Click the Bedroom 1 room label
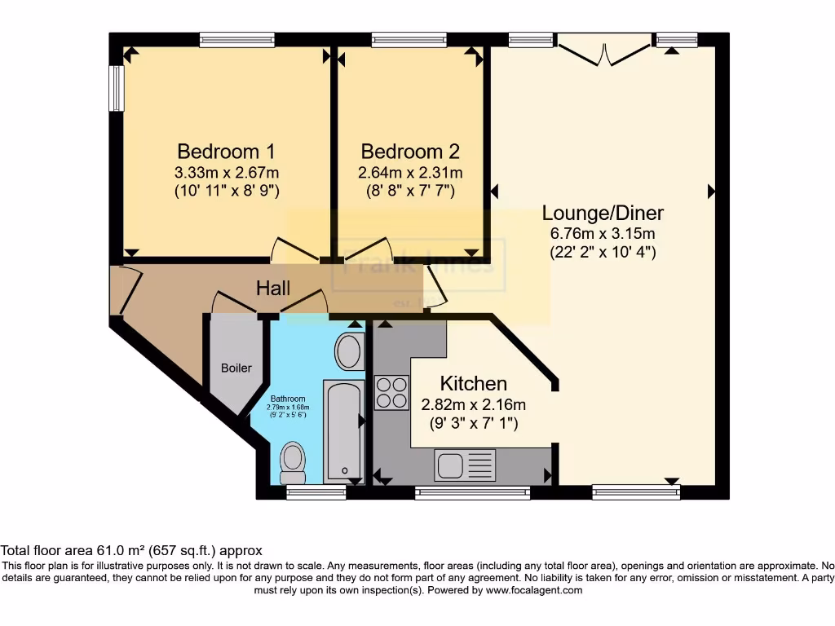226,152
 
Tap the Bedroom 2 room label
410,152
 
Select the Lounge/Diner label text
603,214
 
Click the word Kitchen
474,383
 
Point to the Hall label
273,289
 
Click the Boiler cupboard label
236,368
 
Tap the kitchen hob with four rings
391,392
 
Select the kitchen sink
465,466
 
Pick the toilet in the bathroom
292,462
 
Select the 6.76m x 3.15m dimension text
603,234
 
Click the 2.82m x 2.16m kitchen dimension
474,404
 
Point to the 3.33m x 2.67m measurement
226,173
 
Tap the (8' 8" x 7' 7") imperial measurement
410,192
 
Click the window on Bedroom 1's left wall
117,88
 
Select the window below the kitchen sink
472,492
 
